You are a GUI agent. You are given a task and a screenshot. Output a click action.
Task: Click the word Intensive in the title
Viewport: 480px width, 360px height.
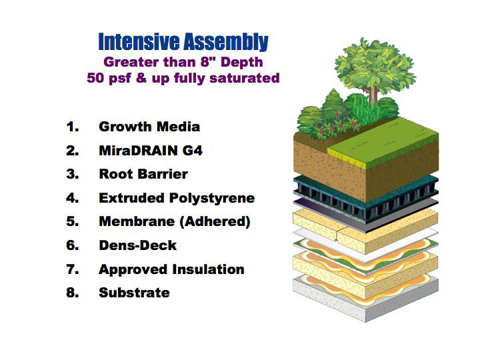(139, 41)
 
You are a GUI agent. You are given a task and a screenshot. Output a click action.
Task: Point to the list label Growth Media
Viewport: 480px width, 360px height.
(149, 127)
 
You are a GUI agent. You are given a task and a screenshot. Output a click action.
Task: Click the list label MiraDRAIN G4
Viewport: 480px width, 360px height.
(151, 151)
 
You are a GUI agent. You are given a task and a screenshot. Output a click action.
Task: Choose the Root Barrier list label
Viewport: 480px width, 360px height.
(143, 174)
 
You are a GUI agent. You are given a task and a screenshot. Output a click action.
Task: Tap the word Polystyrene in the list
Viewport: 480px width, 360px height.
(212, 199)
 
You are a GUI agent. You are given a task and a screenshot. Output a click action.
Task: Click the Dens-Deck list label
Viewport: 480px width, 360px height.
(138, 245)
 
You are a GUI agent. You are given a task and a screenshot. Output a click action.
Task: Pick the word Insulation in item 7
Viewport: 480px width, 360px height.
(208, 269)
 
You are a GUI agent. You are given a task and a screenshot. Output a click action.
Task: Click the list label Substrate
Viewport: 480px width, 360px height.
(134, 293)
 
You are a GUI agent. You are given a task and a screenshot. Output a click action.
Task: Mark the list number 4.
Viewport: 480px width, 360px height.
(73, 198)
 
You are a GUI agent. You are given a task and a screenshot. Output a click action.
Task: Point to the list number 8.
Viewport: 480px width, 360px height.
(73, 293)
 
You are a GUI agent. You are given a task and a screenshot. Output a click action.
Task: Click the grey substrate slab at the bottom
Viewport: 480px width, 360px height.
(366, 303)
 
